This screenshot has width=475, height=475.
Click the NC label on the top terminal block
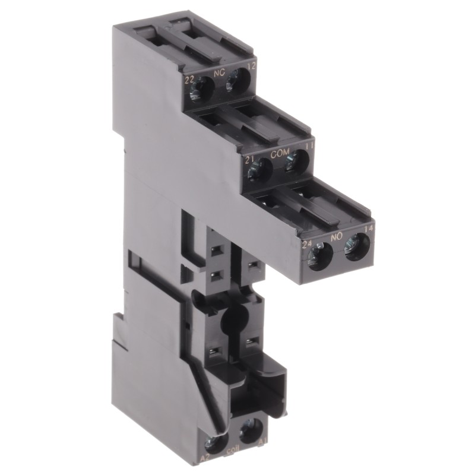[218, 75]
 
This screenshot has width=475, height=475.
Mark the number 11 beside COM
[308, 146]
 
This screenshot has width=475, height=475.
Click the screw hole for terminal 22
[204, 90]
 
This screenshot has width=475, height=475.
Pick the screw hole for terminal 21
[261, 169]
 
